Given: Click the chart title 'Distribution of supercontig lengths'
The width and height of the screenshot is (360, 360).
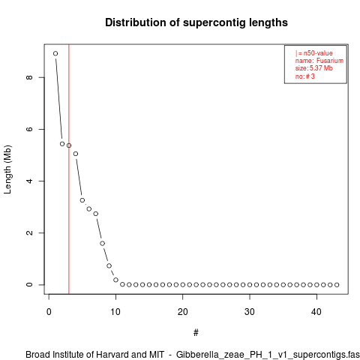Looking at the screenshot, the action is click(x=196, y=22).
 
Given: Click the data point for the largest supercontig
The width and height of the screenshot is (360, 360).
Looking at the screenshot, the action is click(x=55, y=53).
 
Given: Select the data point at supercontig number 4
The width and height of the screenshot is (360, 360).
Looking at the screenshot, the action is click(x=76, y=154).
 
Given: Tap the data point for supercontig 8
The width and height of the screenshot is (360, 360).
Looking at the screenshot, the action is click(x=102, y=243).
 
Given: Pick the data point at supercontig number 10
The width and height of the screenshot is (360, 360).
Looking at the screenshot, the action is click(x=115, y=280).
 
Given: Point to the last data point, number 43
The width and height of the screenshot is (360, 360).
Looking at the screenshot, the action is click(x=337, y=285).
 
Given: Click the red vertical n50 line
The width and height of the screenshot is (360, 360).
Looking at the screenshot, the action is click(x=69, y=169).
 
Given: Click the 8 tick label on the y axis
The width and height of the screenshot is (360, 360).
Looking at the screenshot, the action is click(x=29, y=77).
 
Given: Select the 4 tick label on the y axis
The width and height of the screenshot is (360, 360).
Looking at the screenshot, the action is click(x=29, y=181).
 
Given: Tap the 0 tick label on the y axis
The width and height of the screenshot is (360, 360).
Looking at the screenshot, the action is click(x=29, y=285).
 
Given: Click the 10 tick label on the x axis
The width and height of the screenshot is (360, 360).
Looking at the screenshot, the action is click(x=115, y=312).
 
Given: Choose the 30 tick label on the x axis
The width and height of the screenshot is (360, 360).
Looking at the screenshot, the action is click(x=250, y=312).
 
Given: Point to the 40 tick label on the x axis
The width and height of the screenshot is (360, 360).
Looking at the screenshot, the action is click(x=316, y=312).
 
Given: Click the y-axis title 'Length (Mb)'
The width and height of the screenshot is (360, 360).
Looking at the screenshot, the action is click(x=7, y=169).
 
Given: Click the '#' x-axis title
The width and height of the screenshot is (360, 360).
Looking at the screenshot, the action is click(x=196, y=333).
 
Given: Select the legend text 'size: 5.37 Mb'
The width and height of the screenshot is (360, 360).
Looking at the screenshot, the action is click(x=313, y=68).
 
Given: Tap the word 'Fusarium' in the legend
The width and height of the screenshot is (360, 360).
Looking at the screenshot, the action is click(x=330, y=61).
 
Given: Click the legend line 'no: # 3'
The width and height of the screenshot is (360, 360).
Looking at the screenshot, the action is click(x=304, y=76).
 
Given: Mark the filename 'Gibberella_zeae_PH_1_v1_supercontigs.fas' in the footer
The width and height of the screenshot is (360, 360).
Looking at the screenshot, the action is click(x=268, y=355).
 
